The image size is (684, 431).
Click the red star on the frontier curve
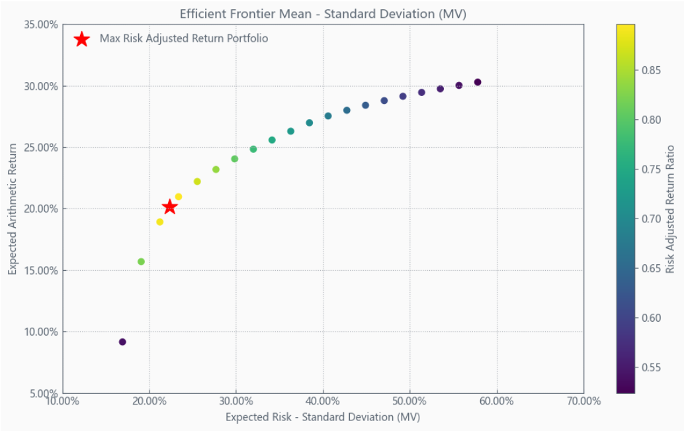point(170,207)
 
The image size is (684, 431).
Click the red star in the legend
point(81,39)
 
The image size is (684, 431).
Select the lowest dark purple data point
point(122,342)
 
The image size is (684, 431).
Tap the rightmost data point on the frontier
point(478,82)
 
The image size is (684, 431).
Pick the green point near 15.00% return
point(141,262)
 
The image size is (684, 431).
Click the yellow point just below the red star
point(159,222)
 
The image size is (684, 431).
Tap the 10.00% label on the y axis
point(41,332)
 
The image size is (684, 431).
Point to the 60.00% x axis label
point(496,401)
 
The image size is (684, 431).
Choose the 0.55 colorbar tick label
point(651,367)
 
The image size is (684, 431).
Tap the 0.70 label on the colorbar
point(651,218)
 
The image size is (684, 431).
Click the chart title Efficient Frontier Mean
point(245,14)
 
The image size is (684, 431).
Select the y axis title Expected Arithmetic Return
point(12,209)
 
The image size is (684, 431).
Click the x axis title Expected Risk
point(258,417)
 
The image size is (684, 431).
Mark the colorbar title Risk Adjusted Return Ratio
point(670,209)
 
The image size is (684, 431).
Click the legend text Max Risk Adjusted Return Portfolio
point(184,38)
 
